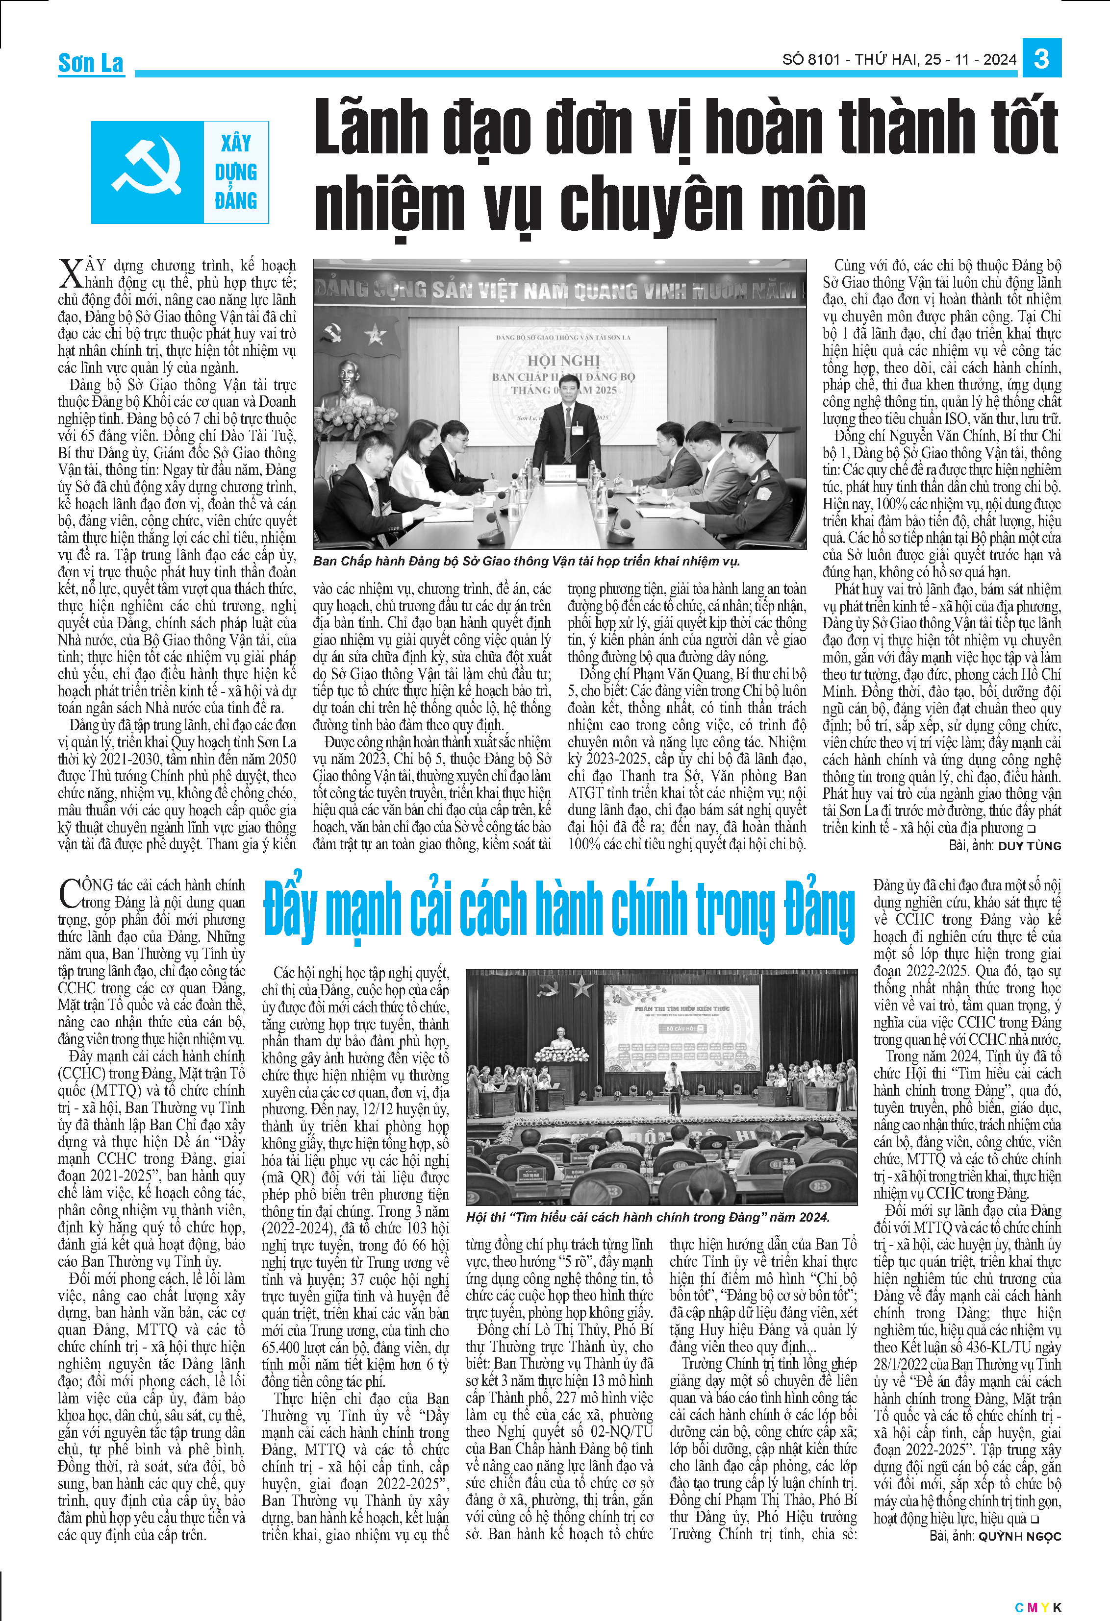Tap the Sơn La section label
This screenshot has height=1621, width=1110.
click(x=91, y=64)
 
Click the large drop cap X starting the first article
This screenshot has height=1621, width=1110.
click(x=71, y=274)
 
